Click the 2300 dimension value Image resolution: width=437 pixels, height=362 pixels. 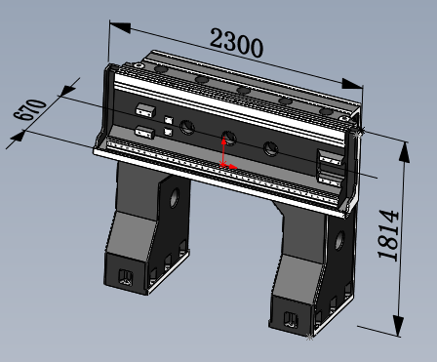point(236,43)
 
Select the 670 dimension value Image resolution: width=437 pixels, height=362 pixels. point(29,109)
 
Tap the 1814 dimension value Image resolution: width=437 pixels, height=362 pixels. point(388,235)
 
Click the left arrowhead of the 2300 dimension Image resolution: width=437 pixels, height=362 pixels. point(120,27)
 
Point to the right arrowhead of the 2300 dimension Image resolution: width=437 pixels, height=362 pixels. point(352,84)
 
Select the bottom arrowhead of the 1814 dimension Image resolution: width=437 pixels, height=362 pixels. point(398,326)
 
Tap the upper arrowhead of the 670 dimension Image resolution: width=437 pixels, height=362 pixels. point(67,91)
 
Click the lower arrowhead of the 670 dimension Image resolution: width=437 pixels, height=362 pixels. point(18,136)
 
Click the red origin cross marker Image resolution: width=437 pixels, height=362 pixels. point(223,164)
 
